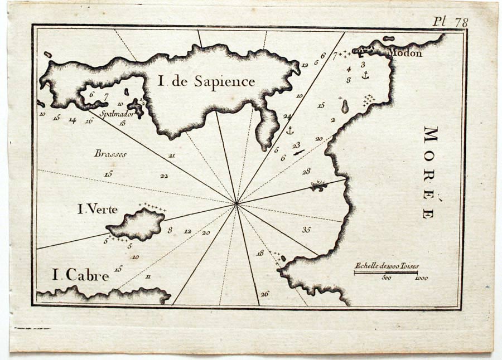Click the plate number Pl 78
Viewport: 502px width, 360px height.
pyautogui.click(x=451, y=22)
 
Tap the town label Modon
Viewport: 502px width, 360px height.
pyautogui.click(x=404, y=53)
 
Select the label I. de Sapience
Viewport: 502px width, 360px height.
pyautogui.click(x=206, y=82)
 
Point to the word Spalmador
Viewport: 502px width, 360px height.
pyautogui.click(x=115, y=114)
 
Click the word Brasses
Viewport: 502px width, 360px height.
pyautogui.click(x=110, y=154)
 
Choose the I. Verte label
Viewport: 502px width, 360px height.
pyautogui.click(x=98, y=210)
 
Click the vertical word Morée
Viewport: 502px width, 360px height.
pyautogui.click(x=431, y=172)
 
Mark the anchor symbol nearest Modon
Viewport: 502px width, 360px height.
pyautogui.click(x=365, y=75)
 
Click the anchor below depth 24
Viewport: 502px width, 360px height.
pyautogui.click(x=289, y=130)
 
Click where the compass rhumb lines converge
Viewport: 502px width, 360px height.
pyautogui.click(x=237, y=203)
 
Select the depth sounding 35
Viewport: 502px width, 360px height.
pyautogui.click(x=306, y=229)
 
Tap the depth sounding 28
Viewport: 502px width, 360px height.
pyautogui.click(x=306, y=172)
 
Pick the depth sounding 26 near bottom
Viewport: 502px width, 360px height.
pyautogui.click(x=264, y=294)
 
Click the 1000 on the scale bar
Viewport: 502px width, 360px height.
pyautogui.click(x=422, y=278)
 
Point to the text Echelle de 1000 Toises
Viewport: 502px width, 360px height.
pyautogui.click(x=387, y=266)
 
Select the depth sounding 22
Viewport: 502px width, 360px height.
pyautogui.click(x=164, y=176)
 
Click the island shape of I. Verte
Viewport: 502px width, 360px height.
pyautogui.click(x=137, y=225)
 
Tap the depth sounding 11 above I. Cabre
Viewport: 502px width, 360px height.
pyautogui.click(x=148, y=276)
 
